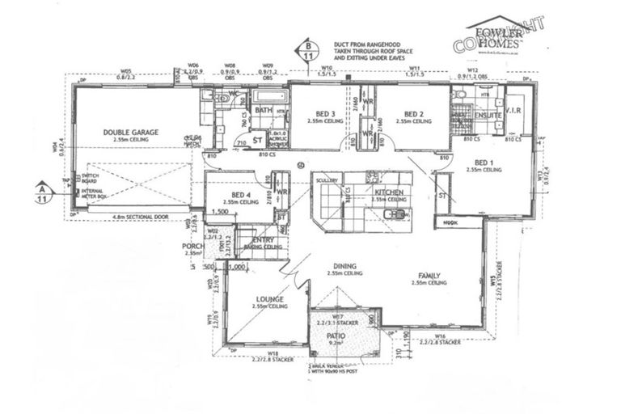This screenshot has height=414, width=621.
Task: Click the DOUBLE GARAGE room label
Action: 130,133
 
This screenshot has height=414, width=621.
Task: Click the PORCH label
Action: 192,246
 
